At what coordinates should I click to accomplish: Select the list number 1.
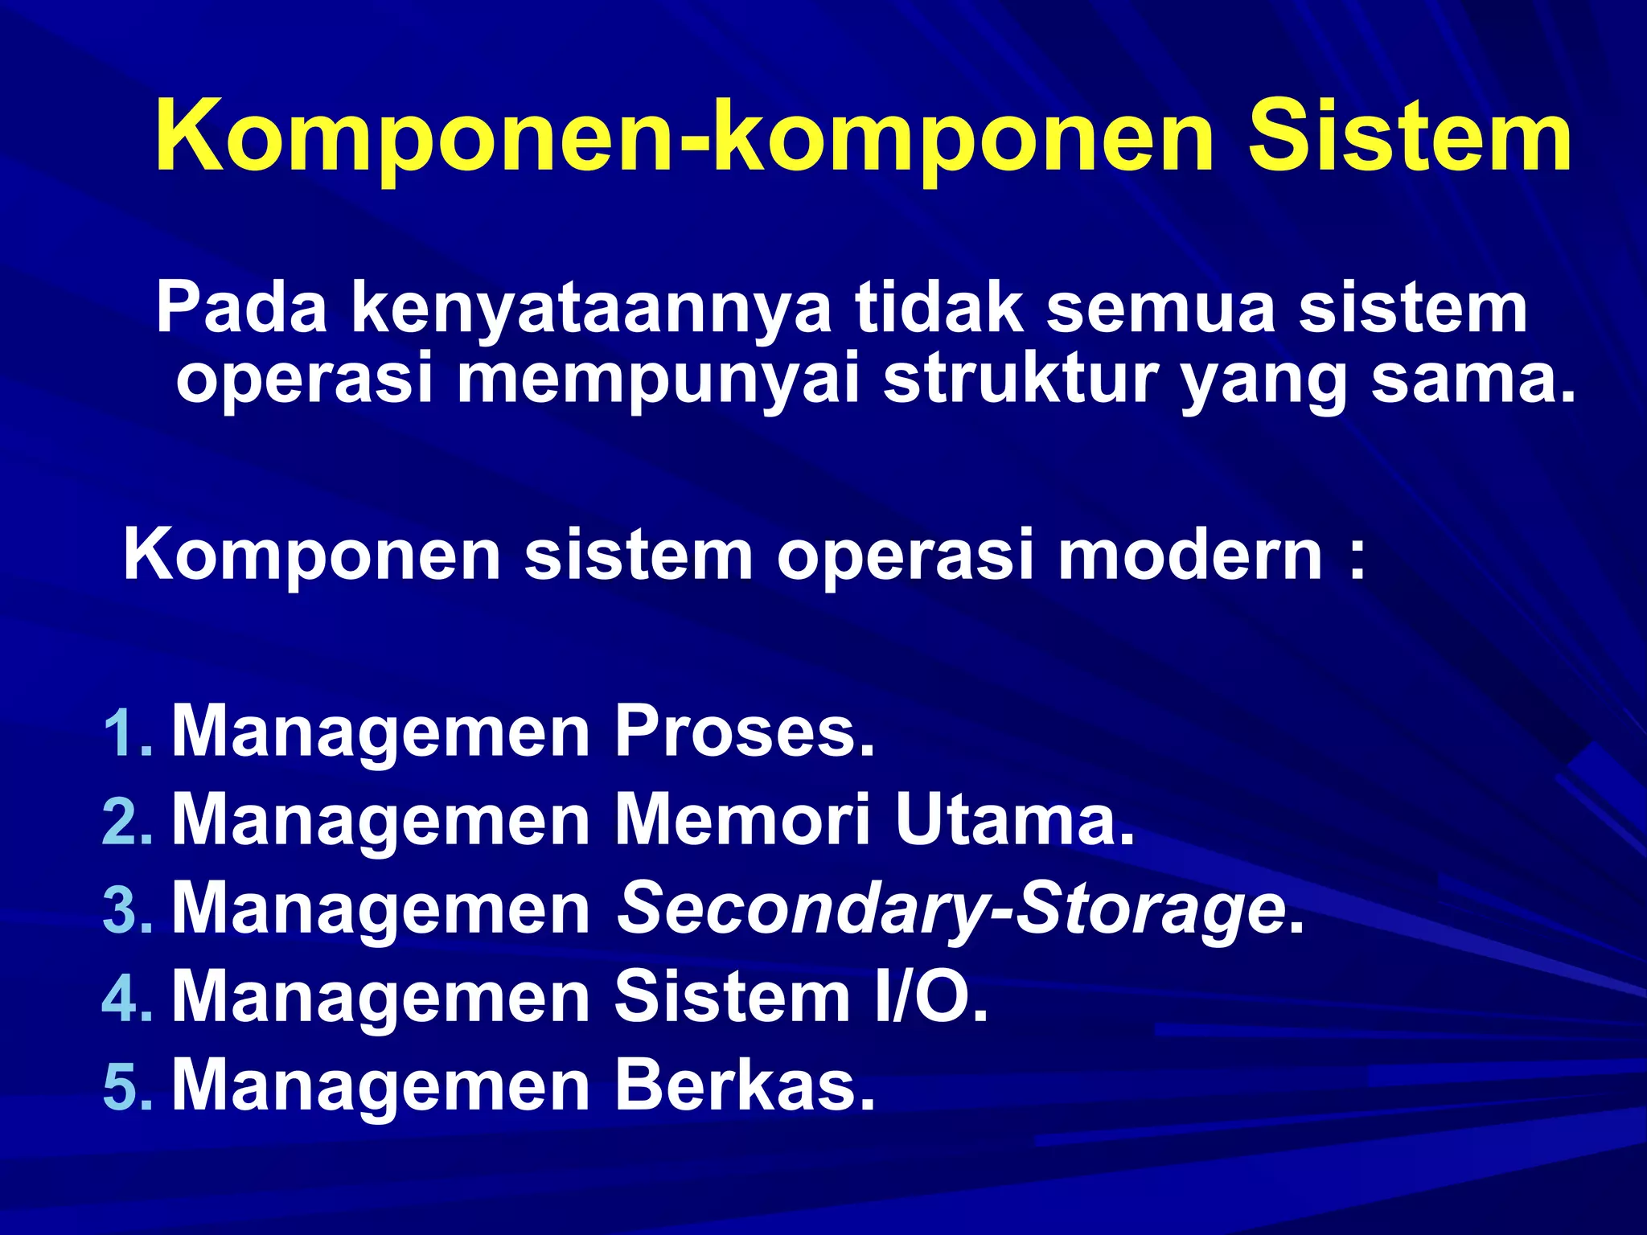[126, 733]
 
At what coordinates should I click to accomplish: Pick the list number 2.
[126, 822]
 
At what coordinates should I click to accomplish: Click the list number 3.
[126, 910]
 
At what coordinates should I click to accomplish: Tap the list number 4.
[126, 999]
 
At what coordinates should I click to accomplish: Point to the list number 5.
[126, 1087]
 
